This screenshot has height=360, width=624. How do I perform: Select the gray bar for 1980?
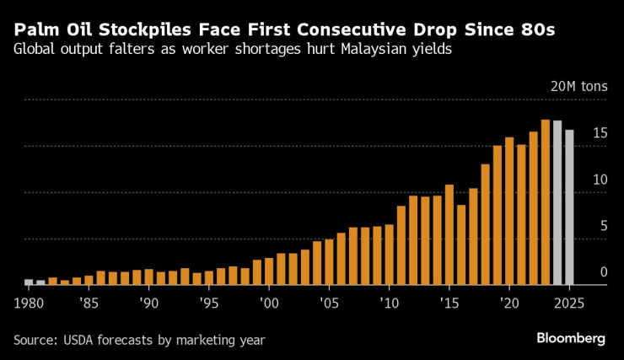29,282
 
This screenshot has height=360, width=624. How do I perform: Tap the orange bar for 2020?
509,211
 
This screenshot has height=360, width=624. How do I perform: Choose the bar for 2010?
390,255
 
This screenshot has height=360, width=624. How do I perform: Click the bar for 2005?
330,262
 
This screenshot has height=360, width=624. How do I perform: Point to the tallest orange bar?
546,202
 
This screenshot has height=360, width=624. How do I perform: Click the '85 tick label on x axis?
88,301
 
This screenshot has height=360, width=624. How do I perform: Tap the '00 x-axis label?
268,301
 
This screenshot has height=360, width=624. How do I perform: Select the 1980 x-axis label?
30,301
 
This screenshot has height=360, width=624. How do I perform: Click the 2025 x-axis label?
570,301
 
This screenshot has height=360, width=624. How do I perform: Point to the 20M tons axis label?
578,86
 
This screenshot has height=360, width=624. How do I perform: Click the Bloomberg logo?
571,338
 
